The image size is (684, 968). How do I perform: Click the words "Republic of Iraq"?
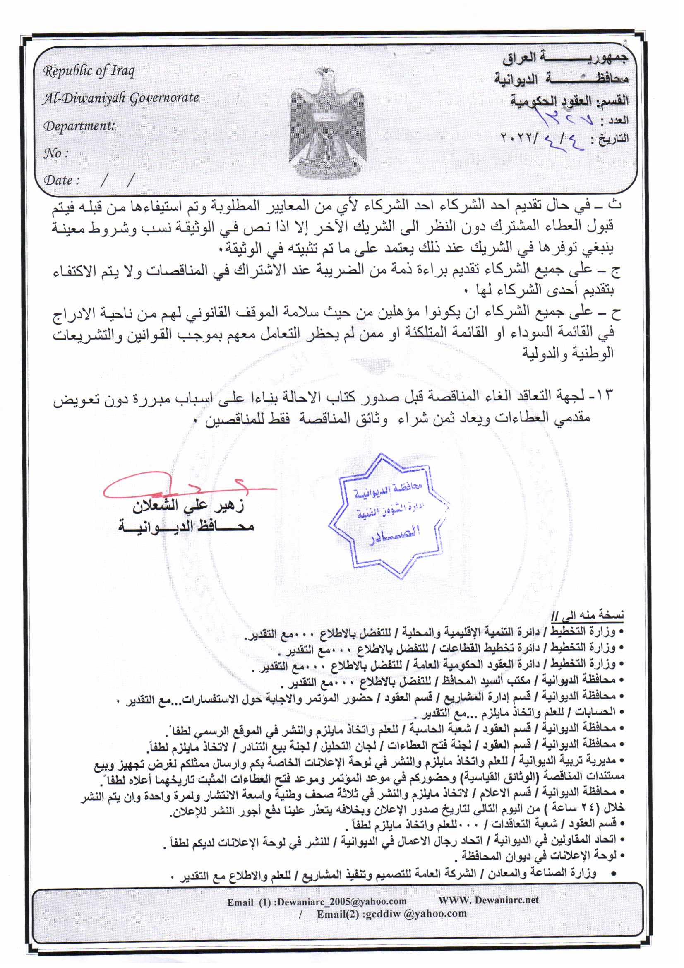89,71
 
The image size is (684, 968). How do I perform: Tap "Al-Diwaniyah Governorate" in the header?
120,98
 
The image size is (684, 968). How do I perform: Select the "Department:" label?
79,125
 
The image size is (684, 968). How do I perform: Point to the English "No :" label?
55,153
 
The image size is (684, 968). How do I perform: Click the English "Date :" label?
62,181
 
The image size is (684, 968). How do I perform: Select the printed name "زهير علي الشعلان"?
188,506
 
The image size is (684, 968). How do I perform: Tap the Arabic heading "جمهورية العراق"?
565,58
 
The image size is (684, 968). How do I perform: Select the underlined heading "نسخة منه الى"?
588,616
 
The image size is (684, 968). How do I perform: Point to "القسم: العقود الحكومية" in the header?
569,100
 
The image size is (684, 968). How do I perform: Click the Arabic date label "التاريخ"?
615,138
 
